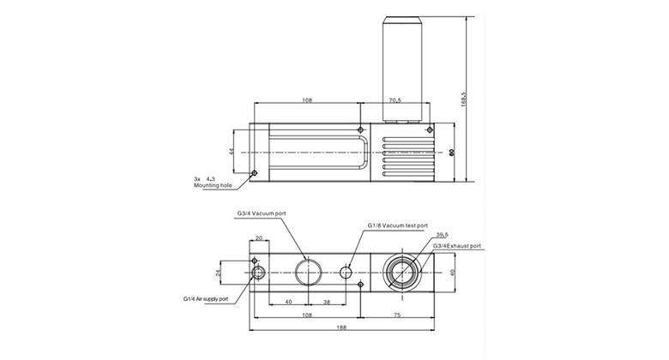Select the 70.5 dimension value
coord(395,100)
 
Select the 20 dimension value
coord(258,239)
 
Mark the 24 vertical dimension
coord(217,273)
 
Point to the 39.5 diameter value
coord(443,234)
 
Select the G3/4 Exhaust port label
coord(457,246)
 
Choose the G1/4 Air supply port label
coord(206,299)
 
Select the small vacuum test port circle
coord(347,273)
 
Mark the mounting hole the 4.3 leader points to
coord(254,172)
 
